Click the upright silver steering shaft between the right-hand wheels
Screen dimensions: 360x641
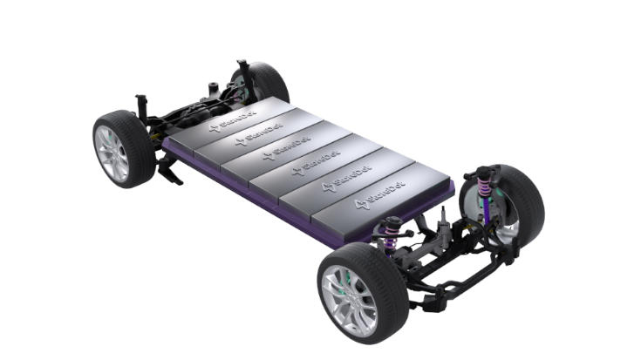pos(443,228)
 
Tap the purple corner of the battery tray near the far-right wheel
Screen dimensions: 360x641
pos(450,187)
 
